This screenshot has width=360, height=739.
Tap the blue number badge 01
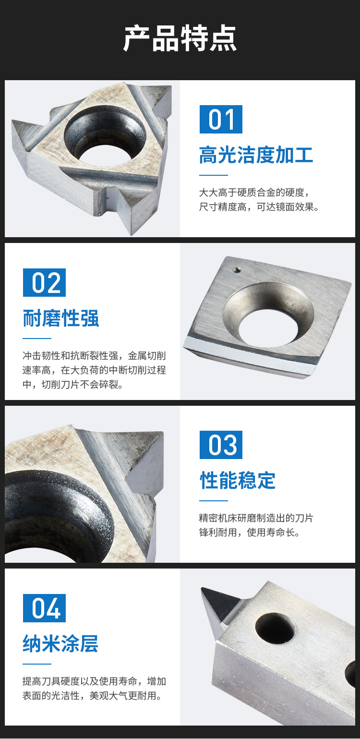[221, 119]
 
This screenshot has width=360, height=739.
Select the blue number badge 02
[44, 282]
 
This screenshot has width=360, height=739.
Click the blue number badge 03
[221, 445]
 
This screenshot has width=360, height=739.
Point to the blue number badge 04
[44, 608]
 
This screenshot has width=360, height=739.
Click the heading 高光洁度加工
[256, 155]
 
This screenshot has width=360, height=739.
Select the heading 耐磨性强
[60, 318]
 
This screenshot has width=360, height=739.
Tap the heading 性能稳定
[238, 480]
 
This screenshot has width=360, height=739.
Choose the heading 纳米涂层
[60, 643]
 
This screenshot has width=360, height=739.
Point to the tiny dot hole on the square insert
[236, 270]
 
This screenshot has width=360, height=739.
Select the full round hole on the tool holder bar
[275, 628]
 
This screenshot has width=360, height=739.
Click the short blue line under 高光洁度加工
[214, 175]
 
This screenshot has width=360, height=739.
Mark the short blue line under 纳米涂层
[37, 664]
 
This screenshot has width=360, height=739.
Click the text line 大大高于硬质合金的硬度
[253, 193]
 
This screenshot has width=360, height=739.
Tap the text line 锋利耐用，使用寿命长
[249, 533]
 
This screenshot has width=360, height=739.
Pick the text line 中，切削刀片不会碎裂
[73, 385]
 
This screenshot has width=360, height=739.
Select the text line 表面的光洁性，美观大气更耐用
[92, 695]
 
